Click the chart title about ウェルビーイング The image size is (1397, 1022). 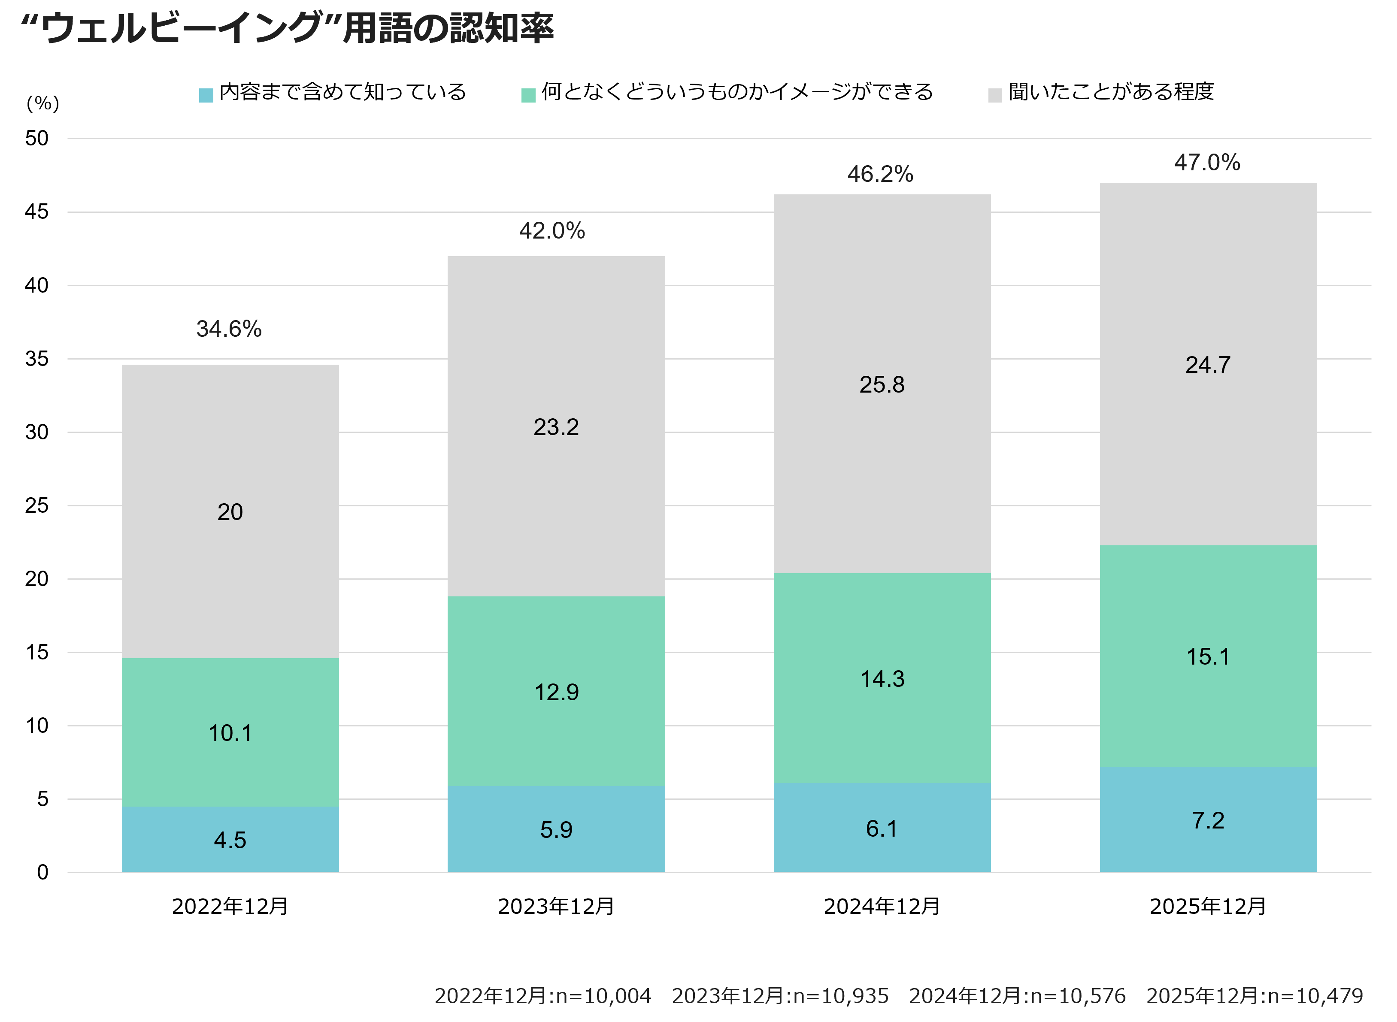point(287,28)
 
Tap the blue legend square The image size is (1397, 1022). point(206,95)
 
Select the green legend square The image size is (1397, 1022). point(528,95)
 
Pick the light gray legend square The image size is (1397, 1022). point(995,95)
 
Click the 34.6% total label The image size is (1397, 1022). point(229,329)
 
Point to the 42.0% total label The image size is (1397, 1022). point(552,231)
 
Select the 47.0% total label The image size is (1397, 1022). point(1207,163)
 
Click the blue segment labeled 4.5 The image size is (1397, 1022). point(230,840)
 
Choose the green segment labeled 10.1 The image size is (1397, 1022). point(230,732)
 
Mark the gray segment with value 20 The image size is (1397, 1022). point(230,511)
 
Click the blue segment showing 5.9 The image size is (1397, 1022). point(556,829)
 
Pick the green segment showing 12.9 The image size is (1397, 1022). point(556,692)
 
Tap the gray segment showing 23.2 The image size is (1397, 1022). point(556,427)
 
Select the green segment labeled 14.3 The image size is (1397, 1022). point(882,679)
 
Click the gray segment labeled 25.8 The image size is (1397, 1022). point(882,384)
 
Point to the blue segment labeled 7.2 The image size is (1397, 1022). point(1208,820)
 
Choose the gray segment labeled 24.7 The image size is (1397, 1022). point(1208,364)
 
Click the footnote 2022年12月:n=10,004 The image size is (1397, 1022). point(542,995)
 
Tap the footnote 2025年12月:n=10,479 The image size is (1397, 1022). point(1255,995)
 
